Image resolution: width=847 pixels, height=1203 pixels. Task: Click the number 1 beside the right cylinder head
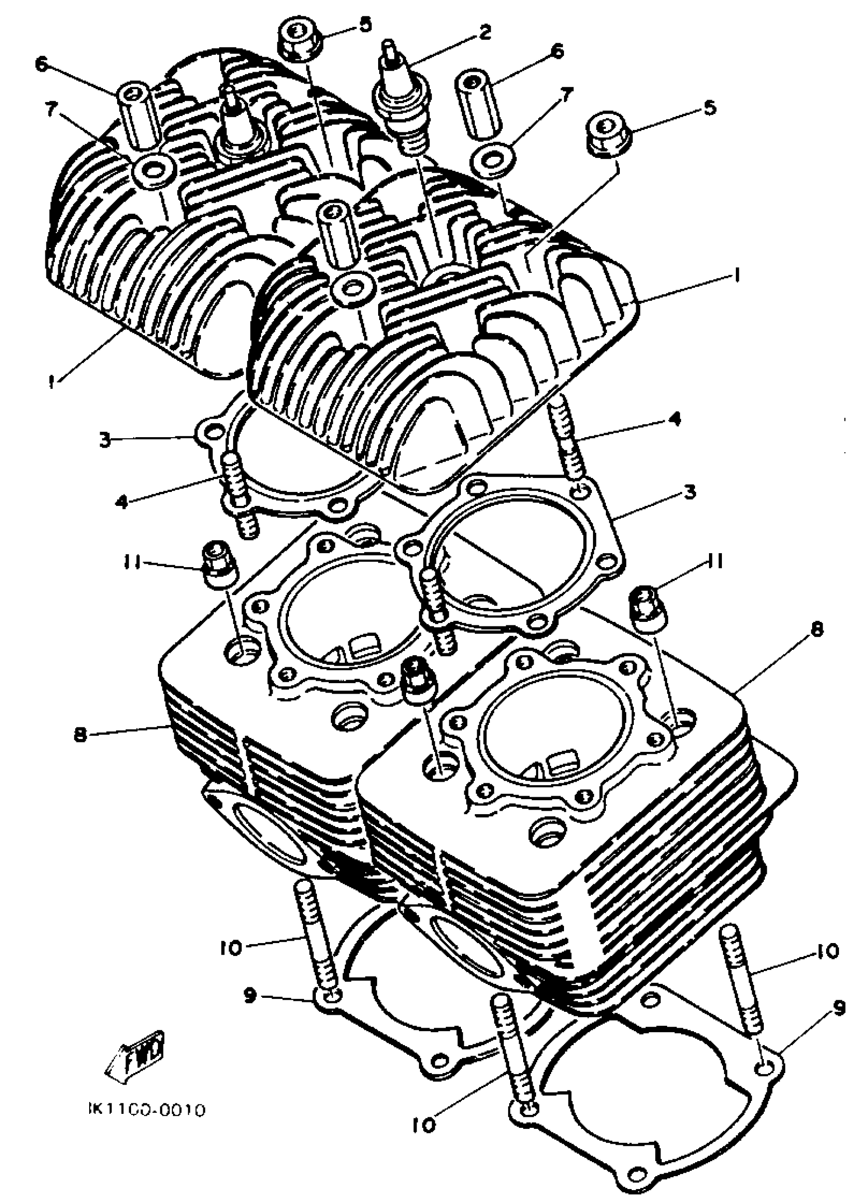click(x=736, y=274)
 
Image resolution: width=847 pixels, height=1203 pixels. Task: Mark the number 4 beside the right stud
click(x=675, y=420)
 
